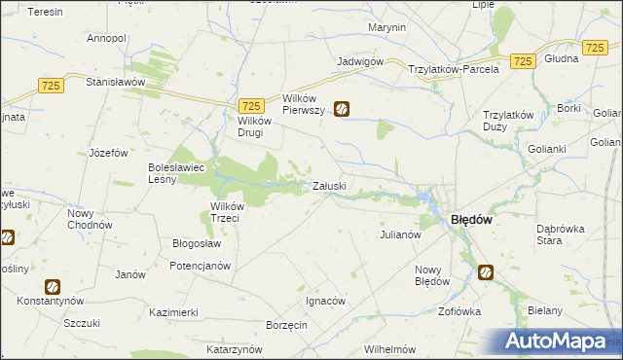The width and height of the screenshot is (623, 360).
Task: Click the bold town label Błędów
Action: pos(470,220)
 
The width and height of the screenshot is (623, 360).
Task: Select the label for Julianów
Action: pos(399,234)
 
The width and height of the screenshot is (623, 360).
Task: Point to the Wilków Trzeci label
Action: pos(232,212)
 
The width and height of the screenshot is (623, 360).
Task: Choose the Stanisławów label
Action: pos(115,83)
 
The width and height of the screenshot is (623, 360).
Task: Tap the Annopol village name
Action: pos(106,38)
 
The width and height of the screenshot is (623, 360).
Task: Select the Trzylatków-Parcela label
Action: pos(454,69)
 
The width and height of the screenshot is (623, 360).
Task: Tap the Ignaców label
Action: pos(326,301)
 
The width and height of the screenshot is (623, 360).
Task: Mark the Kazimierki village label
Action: pos(174,312)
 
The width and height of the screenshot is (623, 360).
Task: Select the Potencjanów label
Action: pos(200,266)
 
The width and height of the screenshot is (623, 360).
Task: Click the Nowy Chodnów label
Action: pos(88,219)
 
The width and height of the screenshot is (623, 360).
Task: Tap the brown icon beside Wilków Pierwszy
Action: pos(342,110)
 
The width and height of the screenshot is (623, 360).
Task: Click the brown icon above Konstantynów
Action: pos(53,287)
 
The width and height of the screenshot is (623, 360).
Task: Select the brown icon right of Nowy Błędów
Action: pos(485,273)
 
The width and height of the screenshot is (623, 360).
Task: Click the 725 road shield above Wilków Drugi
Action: pos(251,105)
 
